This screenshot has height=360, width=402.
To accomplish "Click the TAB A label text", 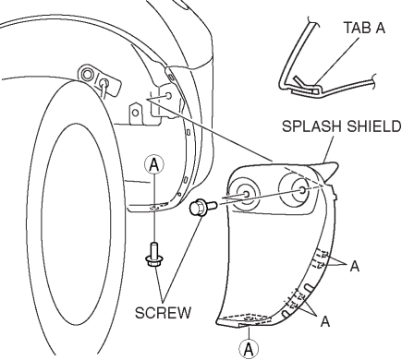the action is click(x=364, y=28).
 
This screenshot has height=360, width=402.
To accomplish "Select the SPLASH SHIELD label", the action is click(x=342, y=126).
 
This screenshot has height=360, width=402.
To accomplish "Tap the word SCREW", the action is click(x=164, y=313).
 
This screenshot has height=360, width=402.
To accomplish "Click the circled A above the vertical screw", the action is click(x=154, y=165).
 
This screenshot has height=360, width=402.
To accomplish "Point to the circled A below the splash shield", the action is click(x=249, y=349).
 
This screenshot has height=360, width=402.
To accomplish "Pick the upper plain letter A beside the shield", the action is click(x=355, y=266).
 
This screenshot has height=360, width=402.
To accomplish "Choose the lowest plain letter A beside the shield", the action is click(x=325, y=321).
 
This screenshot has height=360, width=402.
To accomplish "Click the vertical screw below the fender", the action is click(x=153, y=255).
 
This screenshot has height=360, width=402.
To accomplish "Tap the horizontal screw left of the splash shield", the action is click(x=202, y=207).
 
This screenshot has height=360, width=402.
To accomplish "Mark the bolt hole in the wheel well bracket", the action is click(x=168, y=95).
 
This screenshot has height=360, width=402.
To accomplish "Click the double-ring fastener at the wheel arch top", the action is click(x=87, y=74).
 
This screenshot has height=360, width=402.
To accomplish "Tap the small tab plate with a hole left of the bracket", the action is click(x=136, y=114).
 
